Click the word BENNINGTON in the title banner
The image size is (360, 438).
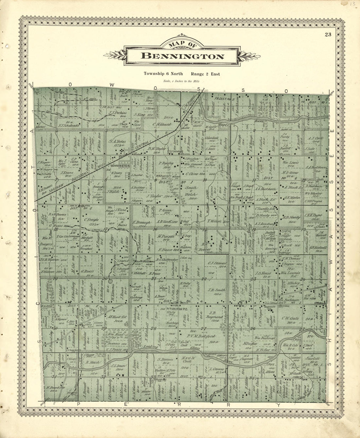click(182, 56)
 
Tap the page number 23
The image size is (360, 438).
click(328, 35)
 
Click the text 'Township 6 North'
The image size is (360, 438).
click(163, 74)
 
